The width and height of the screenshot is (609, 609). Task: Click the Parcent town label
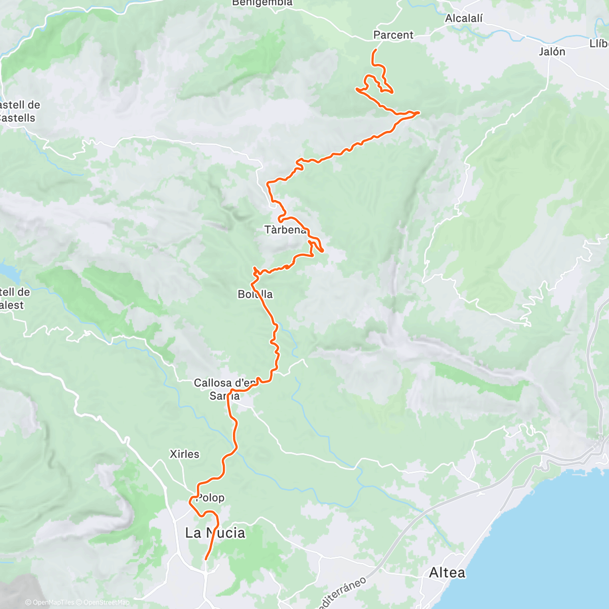pyautogui.click(x=393, y=35)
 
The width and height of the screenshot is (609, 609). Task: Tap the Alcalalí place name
pyautogui.click(x=464, y=19)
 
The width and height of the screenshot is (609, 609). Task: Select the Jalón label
pyautogui.click(x=552, y=52)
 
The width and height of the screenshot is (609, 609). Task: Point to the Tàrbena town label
pyautogui.click(x=285, y=230)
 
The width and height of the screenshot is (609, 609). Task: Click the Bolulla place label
pyautogui.click(x=255, y=294)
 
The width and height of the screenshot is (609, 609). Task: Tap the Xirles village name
pyautogui.click(x=184, y=454)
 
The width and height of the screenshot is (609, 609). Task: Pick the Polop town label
pyautogui.click(x=210, y=498)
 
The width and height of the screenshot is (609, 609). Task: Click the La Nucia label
pyautogui.click(x=215, y=533)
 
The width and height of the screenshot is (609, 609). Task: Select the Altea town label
pyautogui.click(x=447, y=573)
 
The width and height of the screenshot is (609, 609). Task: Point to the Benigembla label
pyautogui.click(x=262, y=3)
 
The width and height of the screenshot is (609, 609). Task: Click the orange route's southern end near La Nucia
pyautogui.click(x=206, y=559)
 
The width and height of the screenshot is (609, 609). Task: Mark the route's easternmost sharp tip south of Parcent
pyautogui.click(x=419, y=112)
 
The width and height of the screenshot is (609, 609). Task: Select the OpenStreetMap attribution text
pyautogui.click(x=107, y=602)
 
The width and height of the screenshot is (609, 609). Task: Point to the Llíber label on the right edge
pyautogui.click(x=599, y=44)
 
